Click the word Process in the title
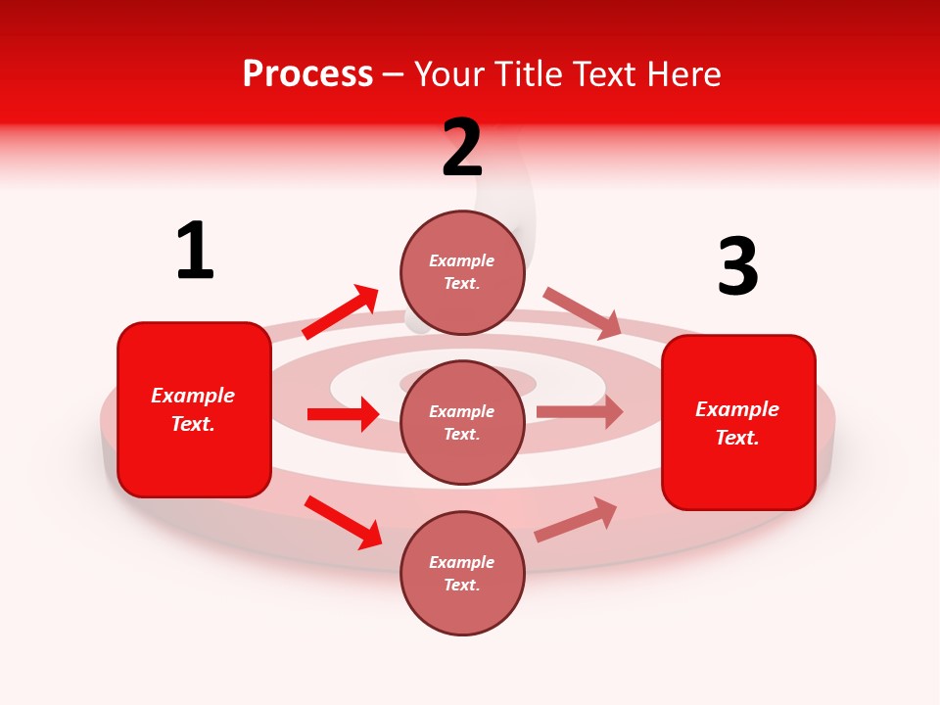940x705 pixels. click(x=307, y=74)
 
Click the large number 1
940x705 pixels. click(x=195, y=252)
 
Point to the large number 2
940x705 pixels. click(x=462, y=148)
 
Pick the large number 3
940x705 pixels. click(x=737, y=267)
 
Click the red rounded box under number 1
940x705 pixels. click(x=194, y=409)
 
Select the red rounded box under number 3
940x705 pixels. click(x=738, y=422)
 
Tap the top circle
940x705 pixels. click(x=462, y=272)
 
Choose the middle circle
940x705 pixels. click(x=462, y=422)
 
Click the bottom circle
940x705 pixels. click(x=462, y=573)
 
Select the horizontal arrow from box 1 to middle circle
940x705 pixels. click(x=343, y=414)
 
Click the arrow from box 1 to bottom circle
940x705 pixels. click(x=343, y=522)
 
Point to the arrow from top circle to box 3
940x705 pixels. click(x=583, y=312)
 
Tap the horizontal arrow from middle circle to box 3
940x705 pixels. click(x=580, y=412)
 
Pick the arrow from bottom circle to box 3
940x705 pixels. click(x=576, y=520)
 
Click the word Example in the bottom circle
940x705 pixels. click(x=462, y=562)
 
